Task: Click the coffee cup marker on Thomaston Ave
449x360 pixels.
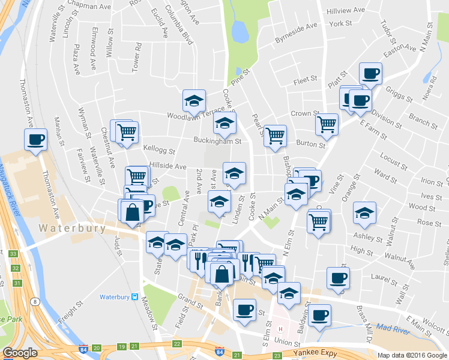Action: tap(35, 140)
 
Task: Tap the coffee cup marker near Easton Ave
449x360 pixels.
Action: tap(370, 74)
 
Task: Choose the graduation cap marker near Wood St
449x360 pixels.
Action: tap(364, 212)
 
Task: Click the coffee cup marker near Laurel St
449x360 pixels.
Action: tap(337, 278)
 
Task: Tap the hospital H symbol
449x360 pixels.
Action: tap(280, 329)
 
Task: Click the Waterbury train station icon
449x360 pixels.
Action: tap(136, 297)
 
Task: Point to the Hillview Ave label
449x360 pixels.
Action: tap(345, 11)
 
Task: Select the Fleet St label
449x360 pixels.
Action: tap(305, 80)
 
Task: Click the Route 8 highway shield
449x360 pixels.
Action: tap(36, 301)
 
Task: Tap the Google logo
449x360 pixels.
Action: tap(20, 353)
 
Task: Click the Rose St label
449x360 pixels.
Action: tap(429, 223)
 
